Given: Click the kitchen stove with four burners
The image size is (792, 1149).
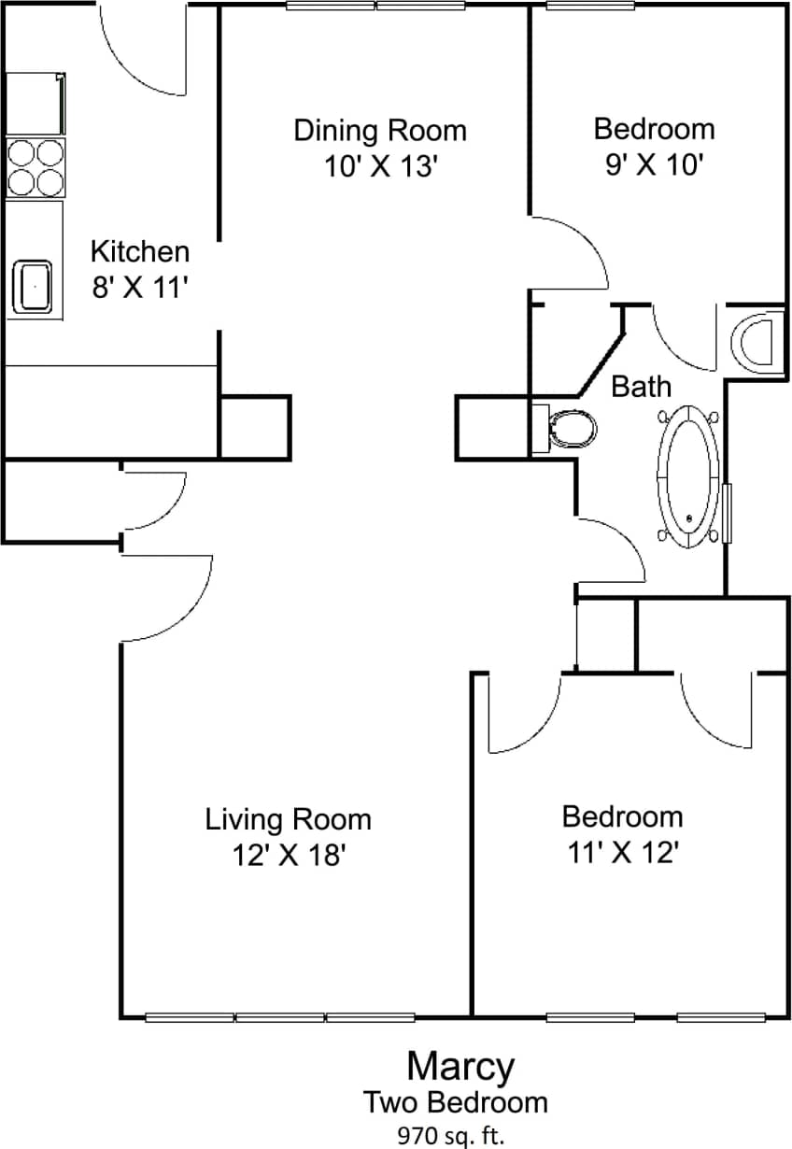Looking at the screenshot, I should click(x=36, y=166).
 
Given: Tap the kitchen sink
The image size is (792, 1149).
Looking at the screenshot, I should click(x=36, y=286).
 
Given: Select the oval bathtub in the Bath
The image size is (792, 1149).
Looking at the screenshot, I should click(x=689, y=475).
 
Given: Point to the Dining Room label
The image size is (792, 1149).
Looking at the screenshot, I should click(x=380, y=130).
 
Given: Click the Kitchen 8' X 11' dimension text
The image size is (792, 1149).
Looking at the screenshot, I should click(x=140, y=287).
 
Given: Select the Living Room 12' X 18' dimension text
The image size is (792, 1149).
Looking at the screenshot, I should click(x=289, y=855).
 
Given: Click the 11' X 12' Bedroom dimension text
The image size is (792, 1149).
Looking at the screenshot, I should click(x=622, y=852).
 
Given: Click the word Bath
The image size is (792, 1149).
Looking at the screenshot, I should click(x=642, y=386).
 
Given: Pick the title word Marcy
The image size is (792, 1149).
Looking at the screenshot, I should click(x=460, y=1065).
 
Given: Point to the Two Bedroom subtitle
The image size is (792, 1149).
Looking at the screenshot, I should click(x=456, y=1102).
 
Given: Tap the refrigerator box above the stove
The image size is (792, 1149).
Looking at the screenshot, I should click(x=36, y=104).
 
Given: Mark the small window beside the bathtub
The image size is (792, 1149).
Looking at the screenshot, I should click(x=728, y=512).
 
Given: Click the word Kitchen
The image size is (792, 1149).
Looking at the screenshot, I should click(x=140, y=251).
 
